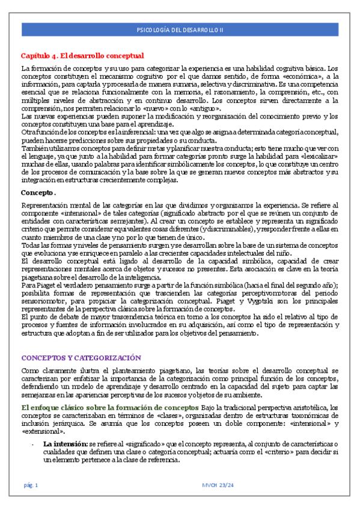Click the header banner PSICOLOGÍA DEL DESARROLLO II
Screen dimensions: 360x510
(180, 29)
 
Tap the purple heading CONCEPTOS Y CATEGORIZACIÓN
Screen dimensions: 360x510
(81, 357)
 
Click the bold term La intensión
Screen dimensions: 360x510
(65, 444)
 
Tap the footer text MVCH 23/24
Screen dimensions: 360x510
(215, 485)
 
